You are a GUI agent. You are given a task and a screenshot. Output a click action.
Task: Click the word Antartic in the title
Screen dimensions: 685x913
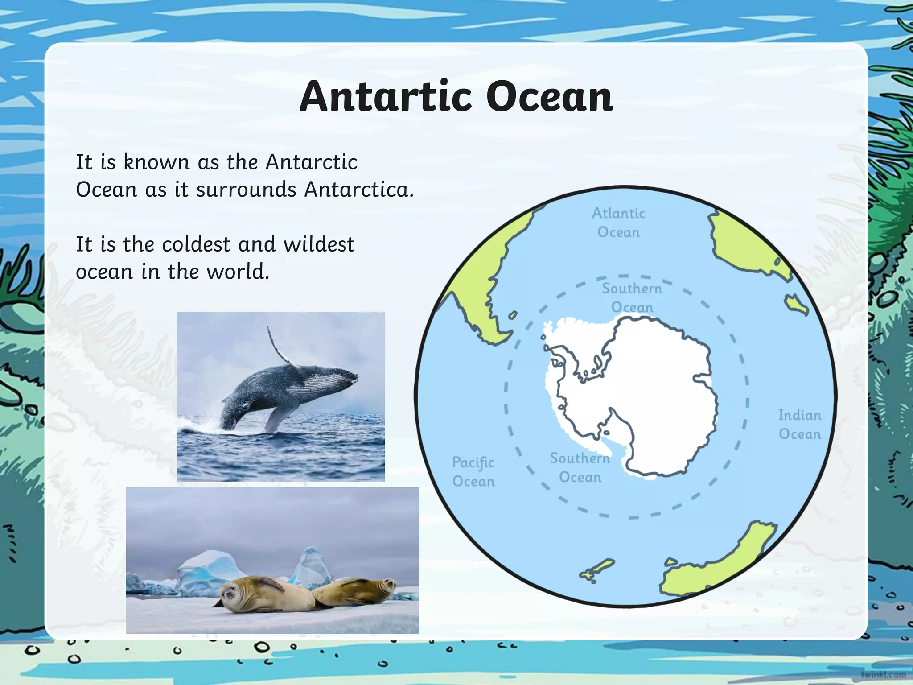coord(386,97)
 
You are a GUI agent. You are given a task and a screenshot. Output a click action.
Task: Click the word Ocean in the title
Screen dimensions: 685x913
coord(549,97)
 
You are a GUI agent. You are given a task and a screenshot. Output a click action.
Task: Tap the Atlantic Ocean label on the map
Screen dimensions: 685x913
coord(618,223)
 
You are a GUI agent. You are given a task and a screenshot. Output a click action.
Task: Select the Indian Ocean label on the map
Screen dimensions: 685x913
coord(800,425)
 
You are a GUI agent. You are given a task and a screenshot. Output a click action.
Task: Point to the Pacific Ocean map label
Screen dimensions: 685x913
coord(473,472)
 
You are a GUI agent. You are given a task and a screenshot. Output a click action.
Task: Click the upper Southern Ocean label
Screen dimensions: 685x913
coord(632,297)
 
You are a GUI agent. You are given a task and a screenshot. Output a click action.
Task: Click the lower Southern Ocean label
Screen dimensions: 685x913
coord(580,467)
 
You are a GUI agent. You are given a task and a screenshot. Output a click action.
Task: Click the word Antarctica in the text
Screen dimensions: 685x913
coord(359,190)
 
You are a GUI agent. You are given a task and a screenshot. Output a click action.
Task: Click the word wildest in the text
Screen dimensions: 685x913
coord(319,244)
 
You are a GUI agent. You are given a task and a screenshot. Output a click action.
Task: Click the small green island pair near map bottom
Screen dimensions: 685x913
coord(596,571)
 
